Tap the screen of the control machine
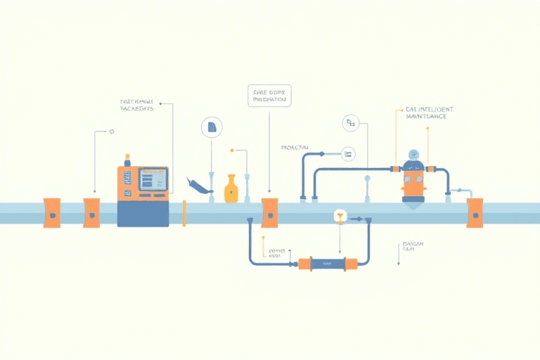(153, 181)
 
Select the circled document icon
(211, 127)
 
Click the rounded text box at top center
(269, 96)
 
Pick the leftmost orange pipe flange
(52, 212)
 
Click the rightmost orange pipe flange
(475, 212)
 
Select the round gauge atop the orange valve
(414, 155)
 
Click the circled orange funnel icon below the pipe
(340, 217)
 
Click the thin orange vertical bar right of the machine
(184, 213)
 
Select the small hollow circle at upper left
(111, 131)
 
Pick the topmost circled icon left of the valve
(350, 124)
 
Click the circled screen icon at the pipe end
(347, 153)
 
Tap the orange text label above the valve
(429, 112)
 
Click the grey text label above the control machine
(137, 105)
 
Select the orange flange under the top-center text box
(269, 212)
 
